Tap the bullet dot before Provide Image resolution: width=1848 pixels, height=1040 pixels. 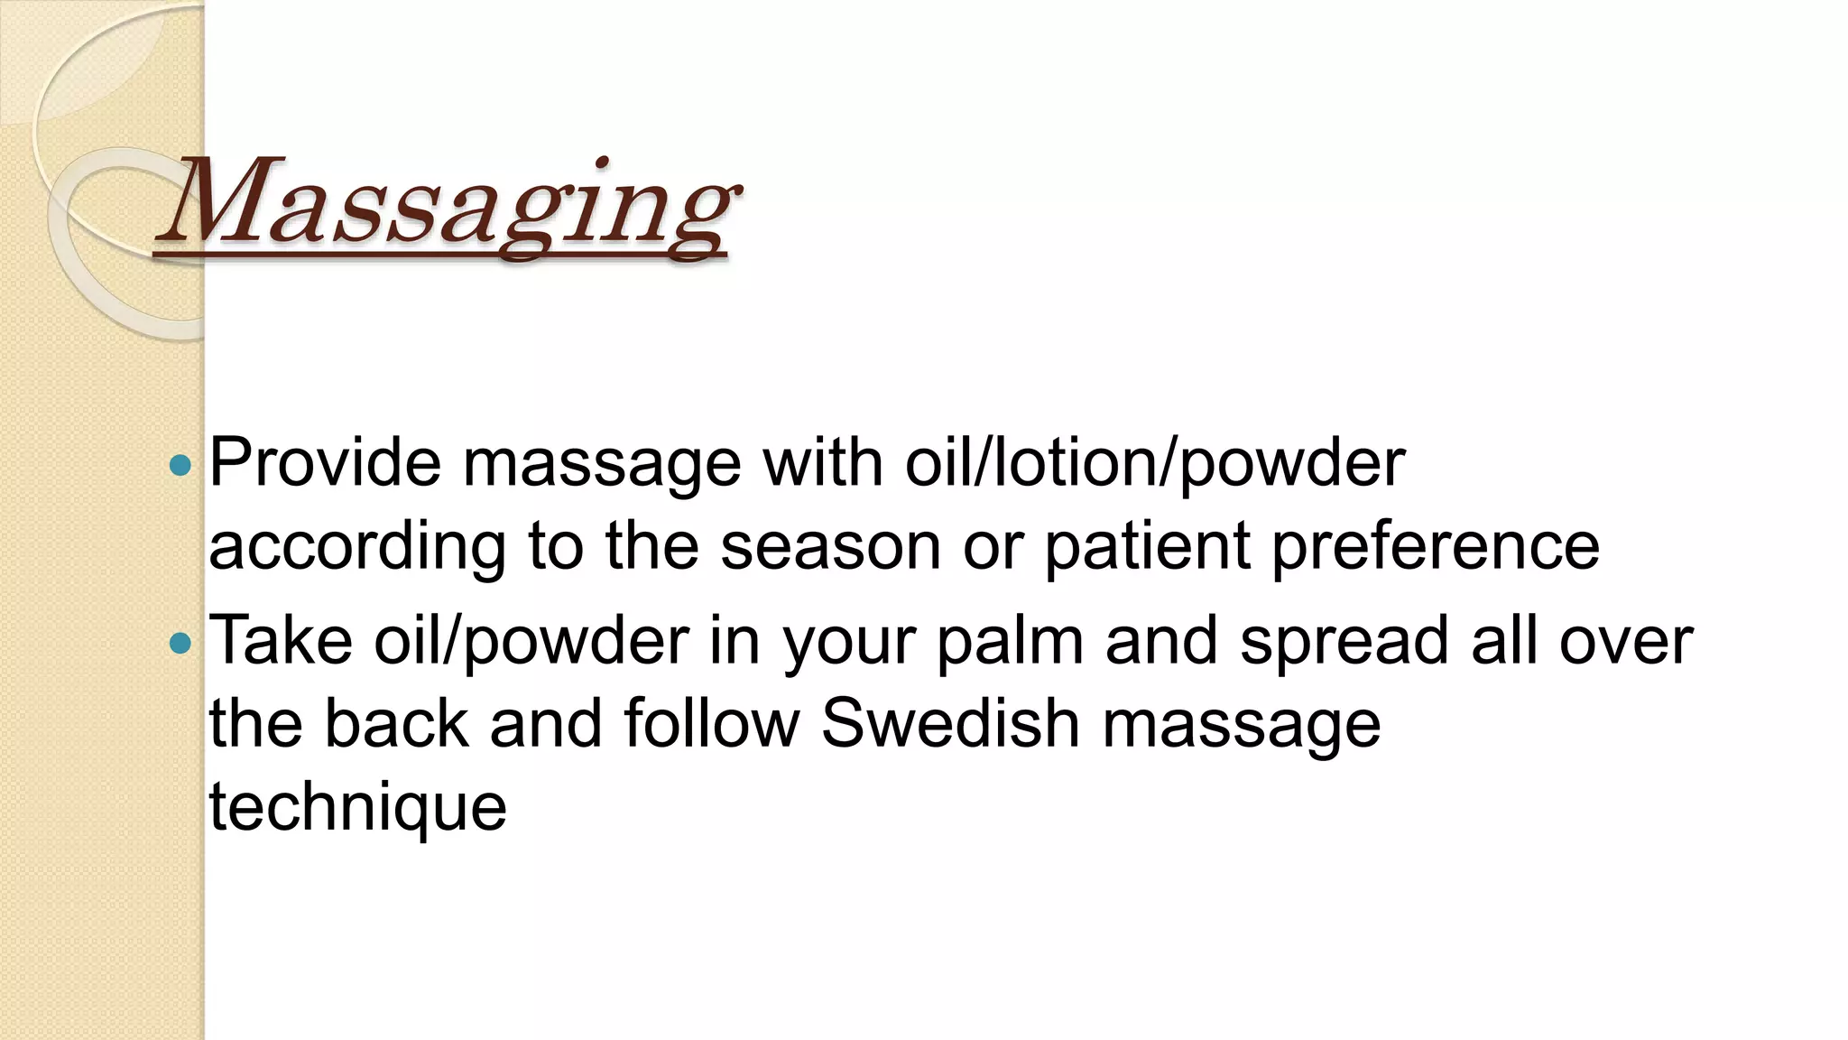click(180, 466)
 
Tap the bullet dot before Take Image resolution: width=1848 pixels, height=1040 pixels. click(180, 643)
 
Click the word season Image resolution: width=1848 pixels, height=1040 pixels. click(830, 547)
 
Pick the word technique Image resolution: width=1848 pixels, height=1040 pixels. click(357, 807)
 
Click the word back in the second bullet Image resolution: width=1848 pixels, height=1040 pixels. click(396, 724)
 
